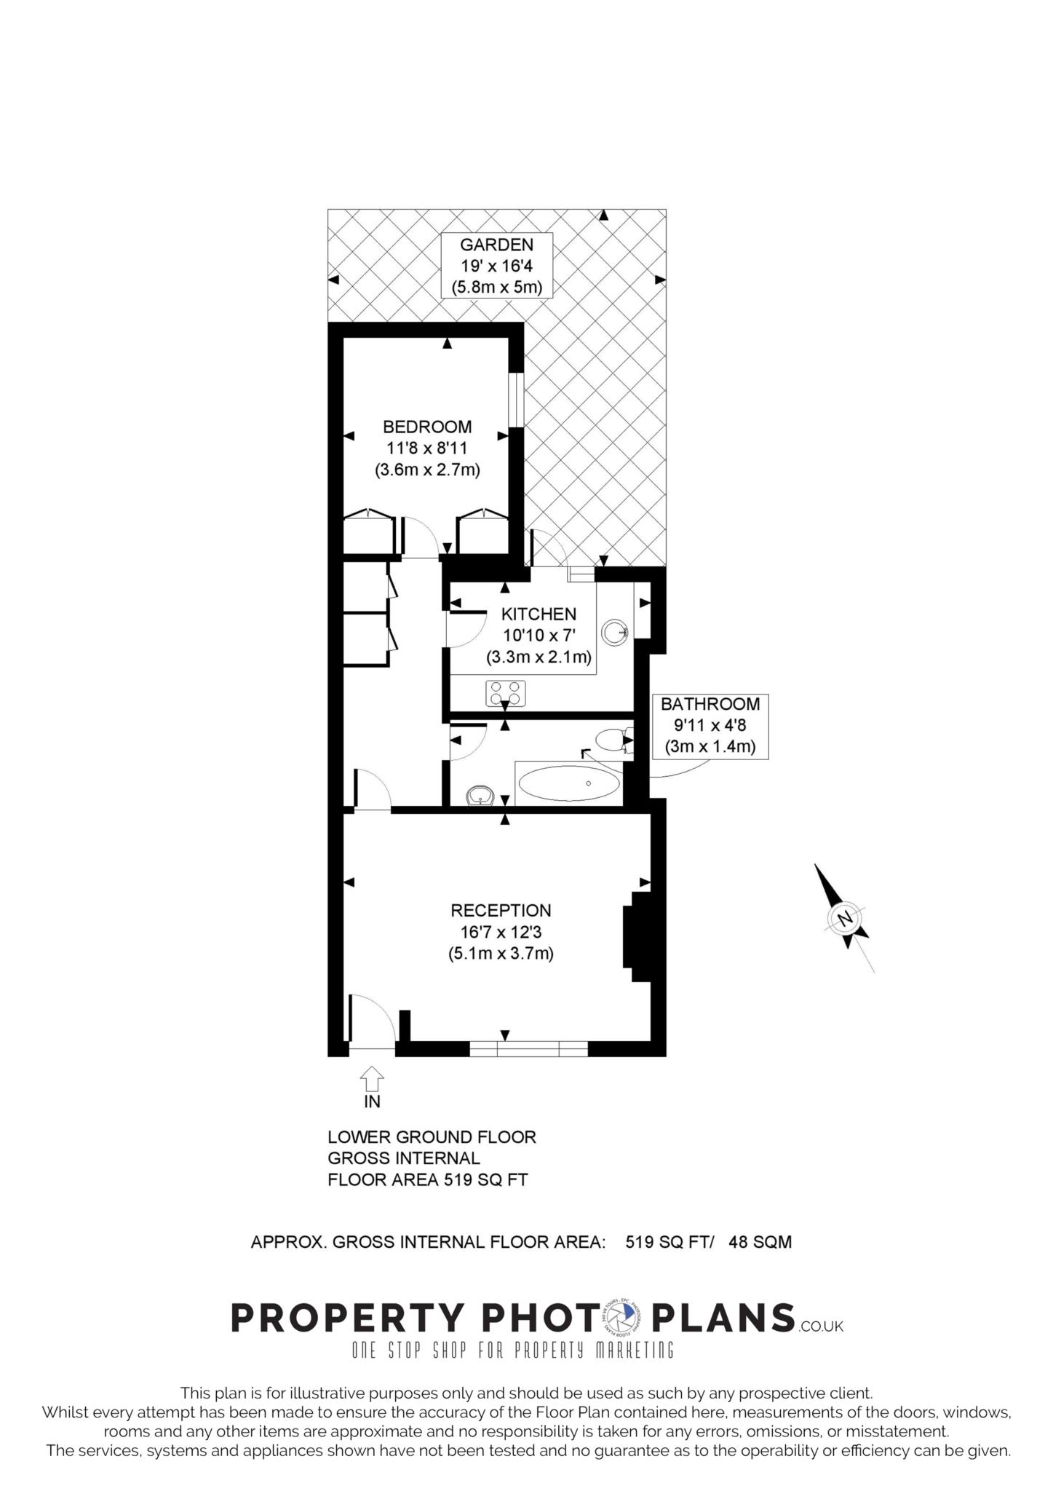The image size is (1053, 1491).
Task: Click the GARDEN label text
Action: pos(496,245)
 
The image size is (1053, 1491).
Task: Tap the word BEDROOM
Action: pos(427,427)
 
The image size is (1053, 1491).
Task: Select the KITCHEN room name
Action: pos(539,614)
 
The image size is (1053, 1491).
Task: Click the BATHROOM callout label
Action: pos(710,705)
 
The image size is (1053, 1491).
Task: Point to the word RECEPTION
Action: pos(501,910)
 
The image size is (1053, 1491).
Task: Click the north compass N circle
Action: pos(845,918)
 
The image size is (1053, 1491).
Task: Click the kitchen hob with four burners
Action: pos(506,692)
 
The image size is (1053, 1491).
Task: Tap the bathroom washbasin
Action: pos(480,796)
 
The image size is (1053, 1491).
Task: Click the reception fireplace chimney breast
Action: pos(635,936)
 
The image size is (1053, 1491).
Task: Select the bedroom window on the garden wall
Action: pos(515,400)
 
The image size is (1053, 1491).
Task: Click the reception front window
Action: pos(528,1049)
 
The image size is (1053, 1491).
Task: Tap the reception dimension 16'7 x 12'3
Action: pos(501,932)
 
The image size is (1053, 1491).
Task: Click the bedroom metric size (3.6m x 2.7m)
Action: pos(427,470)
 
